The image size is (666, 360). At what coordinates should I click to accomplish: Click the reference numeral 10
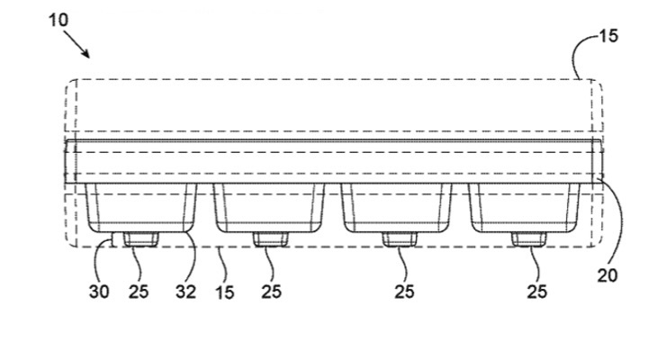click(x=57, y=19)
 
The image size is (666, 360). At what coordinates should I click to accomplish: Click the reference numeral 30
click(x=100, y=292)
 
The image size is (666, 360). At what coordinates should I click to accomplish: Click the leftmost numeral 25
click(x=139, y=292)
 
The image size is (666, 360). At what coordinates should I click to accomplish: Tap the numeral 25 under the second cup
click(x=271, y=292)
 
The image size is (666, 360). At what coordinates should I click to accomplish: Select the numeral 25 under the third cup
click(x=407, y=292)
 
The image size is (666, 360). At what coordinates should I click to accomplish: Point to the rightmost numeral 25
click(x=536, y=292)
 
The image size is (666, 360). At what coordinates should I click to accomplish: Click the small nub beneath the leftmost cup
click(x=139, y=238)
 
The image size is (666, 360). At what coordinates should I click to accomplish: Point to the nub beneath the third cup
click(x=397, y=238)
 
